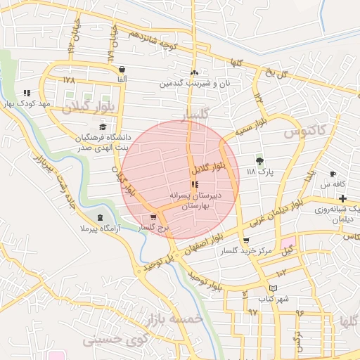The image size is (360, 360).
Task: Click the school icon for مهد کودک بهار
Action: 27,92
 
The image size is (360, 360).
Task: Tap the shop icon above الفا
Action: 123,69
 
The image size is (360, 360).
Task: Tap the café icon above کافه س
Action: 333,174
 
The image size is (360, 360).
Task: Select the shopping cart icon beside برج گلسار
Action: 154,217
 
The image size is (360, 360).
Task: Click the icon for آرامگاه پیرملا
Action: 101,217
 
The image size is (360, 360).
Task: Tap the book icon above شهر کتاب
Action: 274,288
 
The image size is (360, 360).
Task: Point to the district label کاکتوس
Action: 304,131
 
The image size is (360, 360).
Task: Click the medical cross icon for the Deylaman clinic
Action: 342,199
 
